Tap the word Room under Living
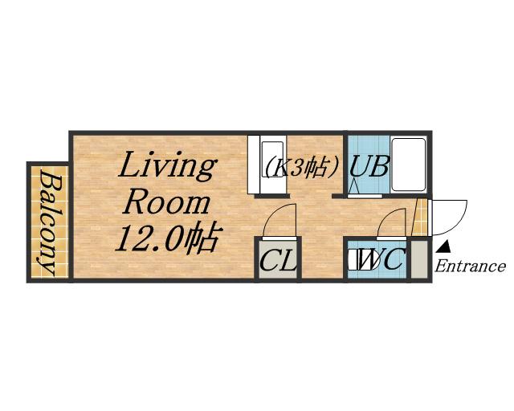pos(167,203)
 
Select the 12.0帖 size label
pos(167,237)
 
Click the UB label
pos(369,166)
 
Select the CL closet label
pos(278,260)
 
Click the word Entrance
pos(470,267)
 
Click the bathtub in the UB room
pos(409,165)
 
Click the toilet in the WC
pos(361,259)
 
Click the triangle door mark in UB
pos(353,188)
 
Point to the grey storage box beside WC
pos(419,259)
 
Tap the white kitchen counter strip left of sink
pos(254,165)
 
